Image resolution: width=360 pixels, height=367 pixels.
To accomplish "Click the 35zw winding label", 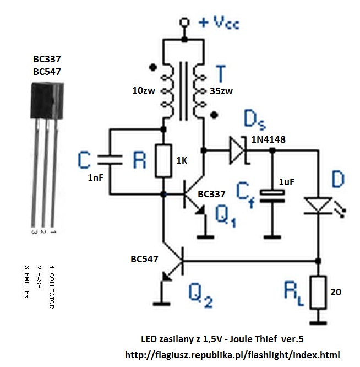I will click(221, 91).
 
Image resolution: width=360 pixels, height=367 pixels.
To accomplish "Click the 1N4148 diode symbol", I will click(237, 150).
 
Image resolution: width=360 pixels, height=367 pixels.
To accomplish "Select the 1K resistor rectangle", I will click(163, 161).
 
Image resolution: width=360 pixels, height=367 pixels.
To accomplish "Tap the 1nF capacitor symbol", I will click(110, 161).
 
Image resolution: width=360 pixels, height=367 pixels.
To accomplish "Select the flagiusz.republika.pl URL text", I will click(233, 354).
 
